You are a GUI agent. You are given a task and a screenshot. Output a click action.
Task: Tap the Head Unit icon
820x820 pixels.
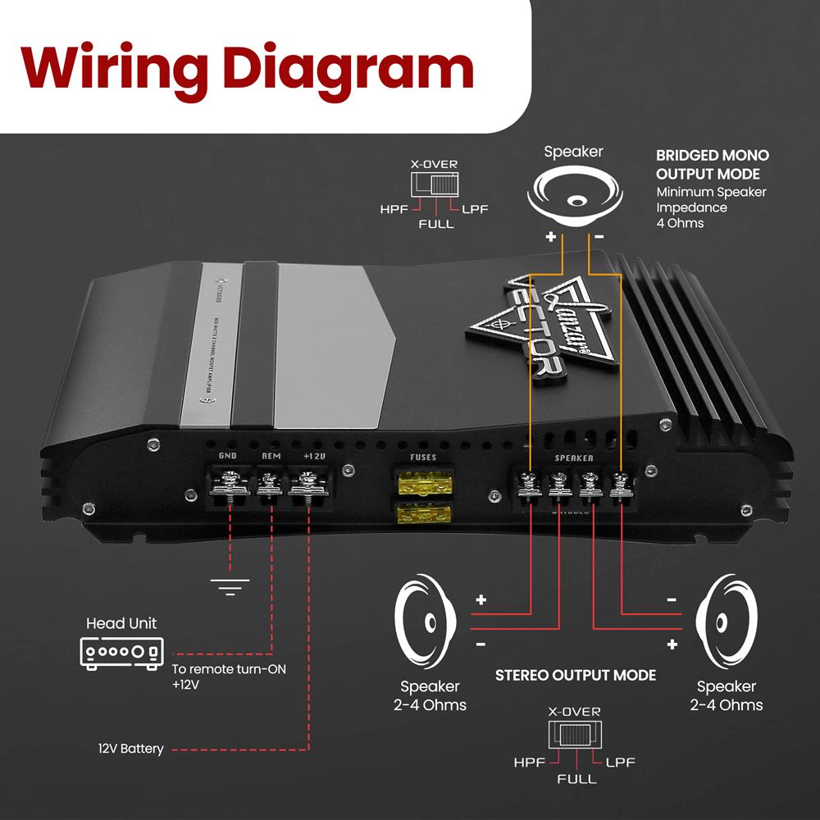tap(121, 652)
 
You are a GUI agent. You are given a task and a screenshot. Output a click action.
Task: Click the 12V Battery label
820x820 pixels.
tap(131, 749)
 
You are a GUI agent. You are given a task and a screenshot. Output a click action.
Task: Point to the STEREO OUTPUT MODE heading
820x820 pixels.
tap(575, 675)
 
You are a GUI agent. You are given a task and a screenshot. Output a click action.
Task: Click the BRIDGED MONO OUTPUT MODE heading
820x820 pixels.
tap(713, 164)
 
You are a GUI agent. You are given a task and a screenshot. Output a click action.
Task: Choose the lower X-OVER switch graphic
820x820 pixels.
tap(576, 733)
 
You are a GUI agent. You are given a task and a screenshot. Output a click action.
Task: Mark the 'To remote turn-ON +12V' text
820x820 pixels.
tap(229, 676)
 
